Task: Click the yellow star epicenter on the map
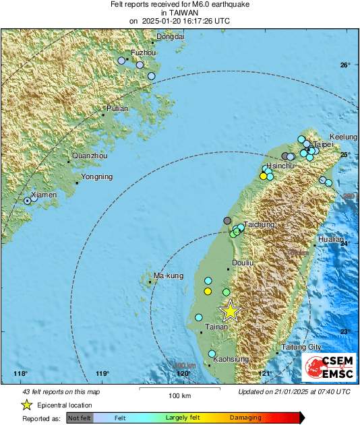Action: [230, 310]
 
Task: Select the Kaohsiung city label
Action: [228, 360]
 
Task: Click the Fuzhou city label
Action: [142, 52]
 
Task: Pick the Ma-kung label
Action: [169, 276]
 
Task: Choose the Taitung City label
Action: [300, 347]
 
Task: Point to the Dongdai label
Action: [170, 36]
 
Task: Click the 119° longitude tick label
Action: [102, 374]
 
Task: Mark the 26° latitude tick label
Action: [345, 65]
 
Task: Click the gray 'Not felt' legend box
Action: [79, 418]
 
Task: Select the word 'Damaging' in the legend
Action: [245, 418]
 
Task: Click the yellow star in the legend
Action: [27, 405]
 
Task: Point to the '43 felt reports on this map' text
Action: [61, 391]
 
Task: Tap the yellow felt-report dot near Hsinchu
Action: [263, 176]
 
